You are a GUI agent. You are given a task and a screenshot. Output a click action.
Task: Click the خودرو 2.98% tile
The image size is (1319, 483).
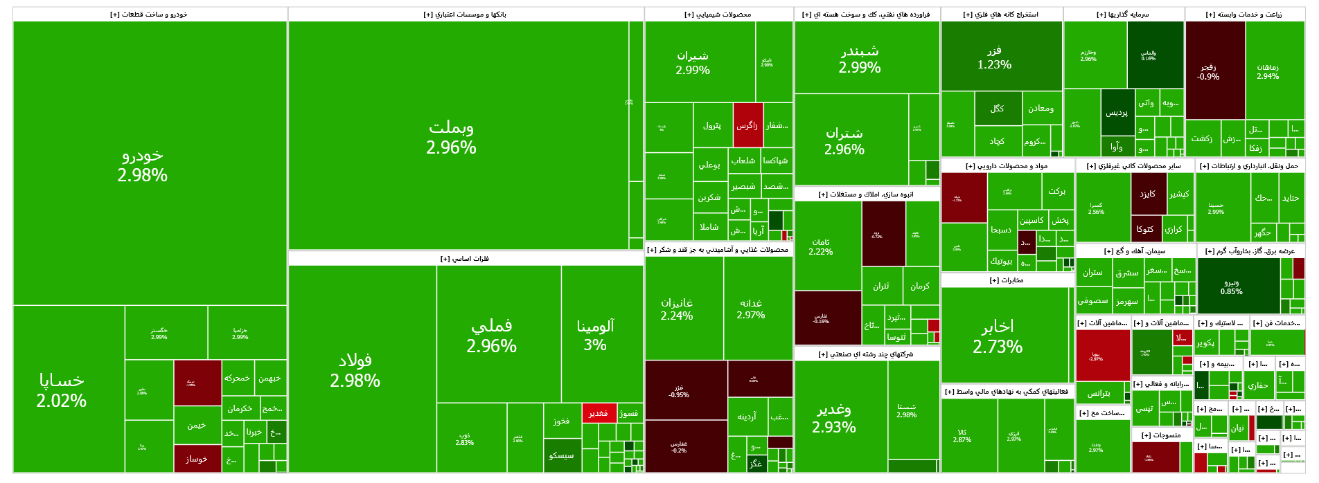(x=143, y=165)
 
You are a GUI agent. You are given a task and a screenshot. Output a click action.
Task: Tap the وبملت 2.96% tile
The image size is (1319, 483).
(x=451, y=136)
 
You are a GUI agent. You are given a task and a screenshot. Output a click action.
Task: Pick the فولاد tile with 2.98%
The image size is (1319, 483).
(x=355, y=370)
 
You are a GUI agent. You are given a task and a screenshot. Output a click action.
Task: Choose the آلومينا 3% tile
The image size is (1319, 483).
(x=595, y=335)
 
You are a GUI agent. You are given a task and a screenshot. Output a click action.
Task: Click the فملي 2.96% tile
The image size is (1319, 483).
(x=492, y=335)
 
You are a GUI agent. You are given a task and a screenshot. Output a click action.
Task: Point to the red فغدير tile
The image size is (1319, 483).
(x=599, y=413)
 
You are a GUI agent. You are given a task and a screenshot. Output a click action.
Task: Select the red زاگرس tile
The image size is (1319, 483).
(x=747, y=125)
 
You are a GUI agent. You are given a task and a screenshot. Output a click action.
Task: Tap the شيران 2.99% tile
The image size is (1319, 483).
(x=693, y=62)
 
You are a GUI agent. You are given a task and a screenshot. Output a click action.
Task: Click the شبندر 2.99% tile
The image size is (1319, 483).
(x=860, y=59)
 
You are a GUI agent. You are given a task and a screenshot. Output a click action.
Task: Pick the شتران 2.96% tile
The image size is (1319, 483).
(x=844, y=140)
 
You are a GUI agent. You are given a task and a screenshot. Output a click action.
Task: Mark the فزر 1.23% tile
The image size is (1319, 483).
(x=995, y=57)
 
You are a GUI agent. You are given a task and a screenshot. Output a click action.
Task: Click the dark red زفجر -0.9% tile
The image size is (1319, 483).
(x=1208, y=71)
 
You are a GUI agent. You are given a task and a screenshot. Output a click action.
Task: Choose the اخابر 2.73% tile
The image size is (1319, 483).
(x=998, y=336)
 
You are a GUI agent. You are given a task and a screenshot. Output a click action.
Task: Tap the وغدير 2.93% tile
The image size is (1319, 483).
(x=834, y=418)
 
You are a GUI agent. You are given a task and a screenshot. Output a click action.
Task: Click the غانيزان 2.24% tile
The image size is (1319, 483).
(x=677, y=309)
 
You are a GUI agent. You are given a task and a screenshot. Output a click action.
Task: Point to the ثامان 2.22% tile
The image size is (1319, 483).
(x=821, y=246)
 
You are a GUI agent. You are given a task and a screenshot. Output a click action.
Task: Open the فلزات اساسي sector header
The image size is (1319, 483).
(x=465, y=259)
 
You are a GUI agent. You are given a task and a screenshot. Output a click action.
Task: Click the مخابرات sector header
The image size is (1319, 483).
(x=1007, y=280)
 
